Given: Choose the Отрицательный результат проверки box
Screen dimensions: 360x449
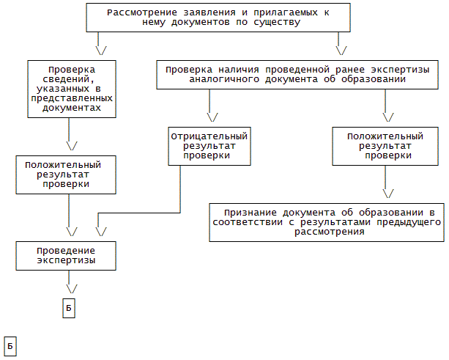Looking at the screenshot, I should tap(209, 146).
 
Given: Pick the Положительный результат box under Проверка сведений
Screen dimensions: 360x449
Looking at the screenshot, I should tap(68, 175).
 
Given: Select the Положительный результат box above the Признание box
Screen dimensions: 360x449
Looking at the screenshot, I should tap(385, 146).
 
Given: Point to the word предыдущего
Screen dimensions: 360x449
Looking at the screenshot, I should tap(408, 222).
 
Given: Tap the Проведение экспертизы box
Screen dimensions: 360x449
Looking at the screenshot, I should tap(67, 255).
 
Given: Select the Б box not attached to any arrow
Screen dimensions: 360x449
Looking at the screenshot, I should tap(10, 346).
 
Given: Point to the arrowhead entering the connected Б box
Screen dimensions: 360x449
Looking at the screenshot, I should tap(69, 289).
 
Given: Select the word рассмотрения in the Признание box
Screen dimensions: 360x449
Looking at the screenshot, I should tap(329, 232).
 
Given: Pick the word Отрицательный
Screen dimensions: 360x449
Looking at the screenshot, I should tap(209, 136).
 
